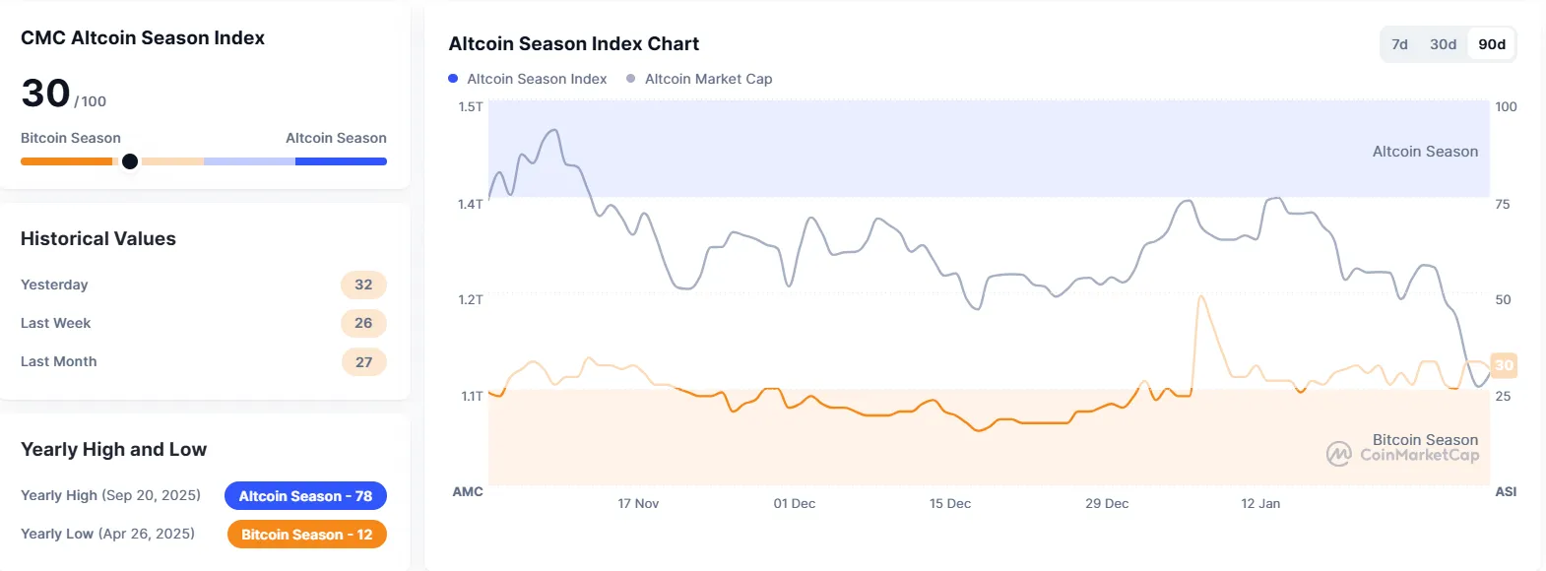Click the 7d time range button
click(x=1399, y=44)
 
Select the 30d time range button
click(x=1443, y=44)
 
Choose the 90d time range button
click(x=1491, y=44)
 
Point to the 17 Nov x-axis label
click(x=638, y=503)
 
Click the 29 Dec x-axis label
click(x=1107, y=503)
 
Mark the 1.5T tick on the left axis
click(x=471, y=106)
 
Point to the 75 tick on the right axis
click(x=1502, y=204)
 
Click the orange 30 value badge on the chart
click(x=1504, y=365)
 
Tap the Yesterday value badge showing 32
click(x=363, y=285)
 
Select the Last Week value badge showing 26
click(x=363, y=323)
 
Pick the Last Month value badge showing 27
click(x=363, y=361)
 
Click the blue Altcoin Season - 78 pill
click(x=305, y=496)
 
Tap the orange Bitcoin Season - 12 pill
click(x=306, y=535)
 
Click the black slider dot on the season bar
click(x=130, y=161)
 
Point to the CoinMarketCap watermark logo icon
click(x=1338, y=454)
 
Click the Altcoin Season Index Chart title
click(x=574, y=44)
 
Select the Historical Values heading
click(x=98, y=239)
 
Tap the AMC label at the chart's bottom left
click(x=468, y=491)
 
